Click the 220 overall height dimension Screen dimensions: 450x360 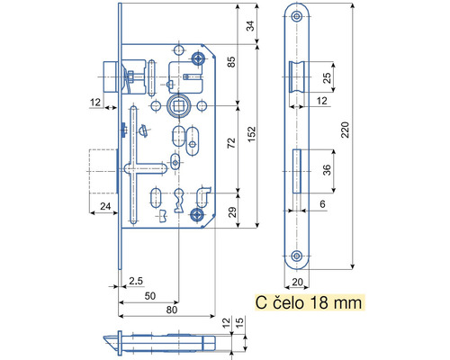pyautogui.click(x=345, y=130)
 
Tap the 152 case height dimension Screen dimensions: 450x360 pyautogui.click(x=251, y=134)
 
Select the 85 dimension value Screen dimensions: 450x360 pyautogui.click(x=231, y=62)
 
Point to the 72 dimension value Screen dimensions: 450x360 pyautogui.click(x=231, y=143)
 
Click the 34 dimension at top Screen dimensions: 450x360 pyautogui.click(x=250, y=26)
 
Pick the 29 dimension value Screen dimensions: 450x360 pyautogui.click(x=232, y=211)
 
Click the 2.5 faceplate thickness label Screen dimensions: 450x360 pyautogui.click(x=136, y=281)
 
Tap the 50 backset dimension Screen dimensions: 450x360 pyautogui.click(x=150, y=296)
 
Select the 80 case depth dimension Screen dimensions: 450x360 pyautogui.click(x=172, y=310)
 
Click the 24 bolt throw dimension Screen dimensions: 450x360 pyautogui.click(x=105, y=206)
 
